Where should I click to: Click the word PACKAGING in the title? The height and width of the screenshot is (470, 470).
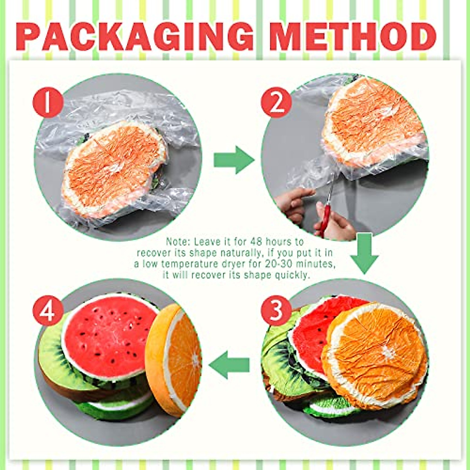pyautogui.click(x=135, y=37)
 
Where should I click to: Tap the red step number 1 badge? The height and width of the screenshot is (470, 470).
pyautogui.click(x=48, y=103)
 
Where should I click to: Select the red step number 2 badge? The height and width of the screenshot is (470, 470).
pyautogui.click(x=277, y=103)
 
